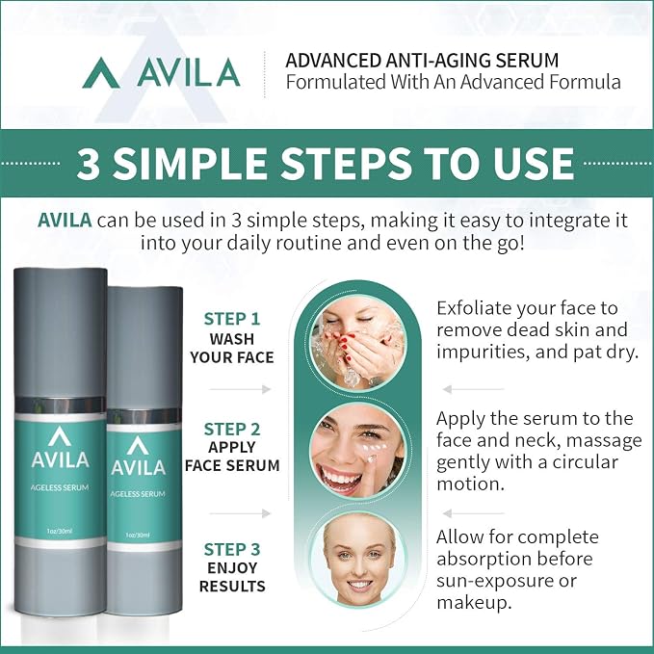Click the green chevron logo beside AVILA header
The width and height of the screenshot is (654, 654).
coord(101,73)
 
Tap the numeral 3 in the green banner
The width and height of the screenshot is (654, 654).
coord(89,163)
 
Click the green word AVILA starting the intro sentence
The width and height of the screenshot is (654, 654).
coord(65,220)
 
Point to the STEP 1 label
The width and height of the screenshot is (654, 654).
coord(232,319)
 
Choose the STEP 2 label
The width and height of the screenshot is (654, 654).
coord(232,430)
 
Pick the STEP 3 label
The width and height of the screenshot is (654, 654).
coord(232,549)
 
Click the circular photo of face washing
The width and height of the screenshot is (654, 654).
coord(358,343)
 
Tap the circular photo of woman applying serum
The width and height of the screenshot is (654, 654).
coord(358,451)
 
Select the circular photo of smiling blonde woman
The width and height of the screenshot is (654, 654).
coord(358,560)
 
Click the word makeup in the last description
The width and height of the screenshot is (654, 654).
coord(474,603)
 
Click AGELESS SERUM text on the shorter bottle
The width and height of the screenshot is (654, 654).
coord(138,494)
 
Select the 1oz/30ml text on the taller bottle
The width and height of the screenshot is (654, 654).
coord(60,531)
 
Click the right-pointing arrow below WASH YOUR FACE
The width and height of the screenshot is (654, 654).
coord(240,389)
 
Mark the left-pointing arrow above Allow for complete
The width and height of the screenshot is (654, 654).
coord(473,513)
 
